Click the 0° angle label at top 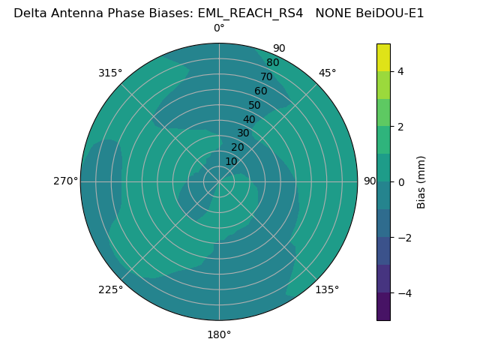pyautogui.click(x=219, y=28)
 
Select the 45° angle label pyautogui.click(x=328, y=73)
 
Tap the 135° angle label pyautogui.click(x=327, y=289)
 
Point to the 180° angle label pyautogui.click(x=219, y=334)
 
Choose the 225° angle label pyautogui.click(x=110, y=289)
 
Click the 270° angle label pyautogui.click(x=65, y=181)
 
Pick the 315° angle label pyautogui.click(x=110, y=73)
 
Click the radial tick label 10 pyautogui.click(x=231, y=161)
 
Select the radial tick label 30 pyautogui.click(x=243, y=133)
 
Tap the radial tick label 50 pyautogui.click(x=255, y=106)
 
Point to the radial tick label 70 pyautogui.click(x=266, y=77)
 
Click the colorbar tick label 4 pyautogui.click(x=401, y=71)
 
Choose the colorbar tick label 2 pyautogui.click(x=401, y=127)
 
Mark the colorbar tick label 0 pyautogui.click(x=401, y=182)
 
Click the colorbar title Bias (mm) pyautogui.click(x=421, y=182)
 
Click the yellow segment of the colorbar pyautogui.click(x=383, y=58)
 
